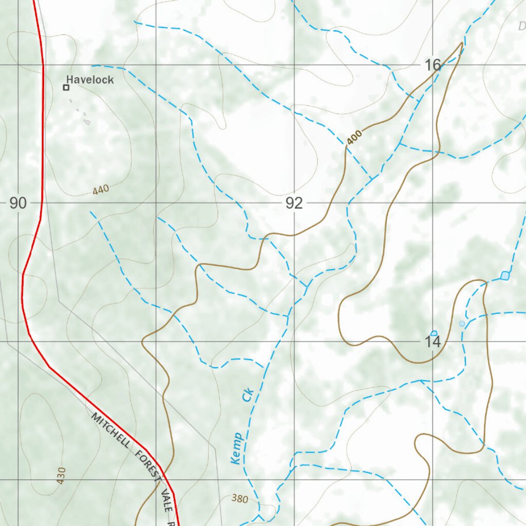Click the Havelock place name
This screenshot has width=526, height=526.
coord(90,80)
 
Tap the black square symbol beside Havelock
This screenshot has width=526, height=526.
coord(66,88)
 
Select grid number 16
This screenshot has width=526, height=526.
coord(433,65)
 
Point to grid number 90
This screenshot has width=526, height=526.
coord(17,203)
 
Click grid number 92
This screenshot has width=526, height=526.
coord(294,204)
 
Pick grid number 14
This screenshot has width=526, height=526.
coord(433,342)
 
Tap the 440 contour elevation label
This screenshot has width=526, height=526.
coord(101,190)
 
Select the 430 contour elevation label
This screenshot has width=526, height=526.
coord(62,476)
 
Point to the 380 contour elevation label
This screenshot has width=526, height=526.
coord(239,498)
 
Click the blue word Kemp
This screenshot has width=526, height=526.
coord(237,448)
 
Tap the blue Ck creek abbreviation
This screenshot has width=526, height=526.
coord(248,396)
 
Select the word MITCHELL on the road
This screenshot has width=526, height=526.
coord(111,430)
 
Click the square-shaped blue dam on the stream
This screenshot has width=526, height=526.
coord(505,276)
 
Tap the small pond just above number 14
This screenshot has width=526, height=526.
coord(434,333)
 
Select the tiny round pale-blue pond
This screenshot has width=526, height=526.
coord(462,323)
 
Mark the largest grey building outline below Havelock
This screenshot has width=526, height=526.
coord(87,122)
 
